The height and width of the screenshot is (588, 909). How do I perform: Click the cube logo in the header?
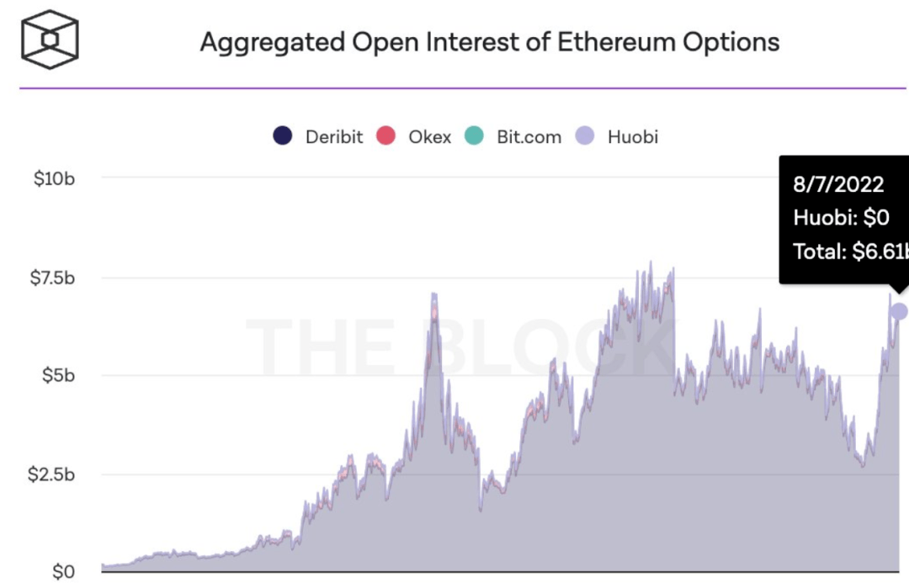50,40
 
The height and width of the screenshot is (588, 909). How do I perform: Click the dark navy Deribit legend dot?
283,136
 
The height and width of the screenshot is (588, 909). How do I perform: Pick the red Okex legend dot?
385,136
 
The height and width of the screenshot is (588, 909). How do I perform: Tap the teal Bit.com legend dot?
475,136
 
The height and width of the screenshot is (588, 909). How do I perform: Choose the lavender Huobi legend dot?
585,136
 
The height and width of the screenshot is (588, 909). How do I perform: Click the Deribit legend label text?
334,136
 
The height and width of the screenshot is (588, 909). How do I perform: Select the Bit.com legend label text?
529,136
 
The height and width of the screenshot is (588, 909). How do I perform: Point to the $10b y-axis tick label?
55,177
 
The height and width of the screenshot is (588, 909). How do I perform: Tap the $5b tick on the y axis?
58,375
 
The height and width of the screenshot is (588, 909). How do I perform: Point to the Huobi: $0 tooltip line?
841,218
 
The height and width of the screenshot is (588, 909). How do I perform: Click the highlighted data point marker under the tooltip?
899,311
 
